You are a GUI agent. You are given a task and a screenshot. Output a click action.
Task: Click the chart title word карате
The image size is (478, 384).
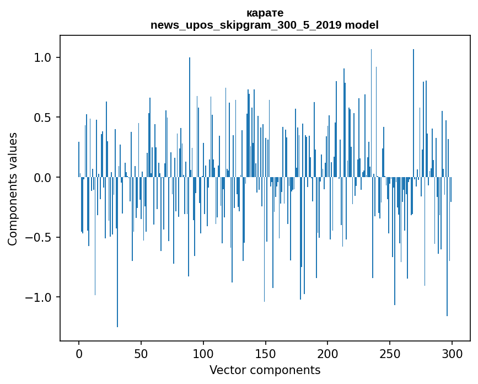[x=265, y=13]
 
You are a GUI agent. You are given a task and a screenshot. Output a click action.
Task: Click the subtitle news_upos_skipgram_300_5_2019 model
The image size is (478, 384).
[x=265, y=25]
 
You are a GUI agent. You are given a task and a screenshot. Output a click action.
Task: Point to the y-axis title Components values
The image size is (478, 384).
[x=13, y=189]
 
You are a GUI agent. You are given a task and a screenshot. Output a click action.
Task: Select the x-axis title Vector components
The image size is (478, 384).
[x=265, y=370]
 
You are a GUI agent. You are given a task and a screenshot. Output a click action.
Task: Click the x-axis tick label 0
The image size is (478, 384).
[x=79, y=353]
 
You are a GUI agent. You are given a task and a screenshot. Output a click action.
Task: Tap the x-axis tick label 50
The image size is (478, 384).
[x=141, y=353]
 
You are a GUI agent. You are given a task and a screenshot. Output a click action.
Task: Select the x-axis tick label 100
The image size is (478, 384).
[x=203, y=353]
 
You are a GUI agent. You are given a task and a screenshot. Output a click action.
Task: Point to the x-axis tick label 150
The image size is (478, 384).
[x=266, y=353]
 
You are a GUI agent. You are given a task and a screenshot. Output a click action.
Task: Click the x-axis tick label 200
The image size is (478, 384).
[x=327, y=353]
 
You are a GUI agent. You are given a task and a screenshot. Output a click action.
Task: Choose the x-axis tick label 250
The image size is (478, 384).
[x=390, y=353]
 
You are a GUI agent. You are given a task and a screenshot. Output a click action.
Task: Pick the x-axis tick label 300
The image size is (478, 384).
[x=452, y=353]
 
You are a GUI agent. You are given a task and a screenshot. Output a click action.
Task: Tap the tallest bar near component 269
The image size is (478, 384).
[x=413, y=110]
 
